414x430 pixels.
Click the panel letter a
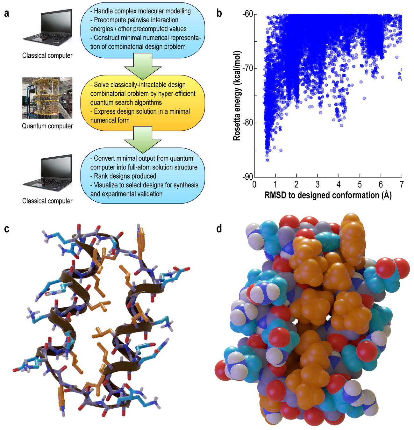7,14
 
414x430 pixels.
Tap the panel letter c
7,229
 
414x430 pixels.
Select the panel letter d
219,229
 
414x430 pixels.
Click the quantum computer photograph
47,98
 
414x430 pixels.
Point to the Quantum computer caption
47,126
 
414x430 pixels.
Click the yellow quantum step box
143,103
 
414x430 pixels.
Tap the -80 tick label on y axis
247,123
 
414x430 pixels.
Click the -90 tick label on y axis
247,177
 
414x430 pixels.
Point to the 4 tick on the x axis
339,184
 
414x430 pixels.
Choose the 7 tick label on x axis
402,184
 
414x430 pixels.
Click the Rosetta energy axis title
237,96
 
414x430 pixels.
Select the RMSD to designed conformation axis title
328,195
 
